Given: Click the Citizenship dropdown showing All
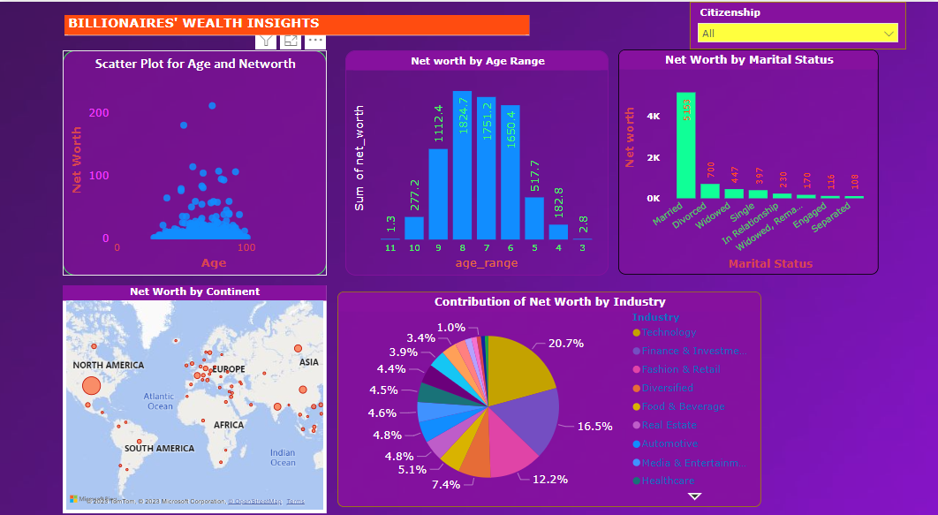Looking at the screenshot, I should click(x=797, y=34).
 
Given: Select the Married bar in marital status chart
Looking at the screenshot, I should click(x=685, y=146).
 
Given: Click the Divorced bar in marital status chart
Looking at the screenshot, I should click(x=709, y=190).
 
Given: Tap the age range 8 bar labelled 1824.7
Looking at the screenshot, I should click(x=462, y=165).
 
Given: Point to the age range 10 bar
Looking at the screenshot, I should click(x=414, y=228).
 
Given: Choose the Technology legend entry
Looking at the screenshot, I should click(x=669, y=332).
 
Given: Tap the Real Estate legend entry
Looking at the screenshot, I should click(x=669, y=425).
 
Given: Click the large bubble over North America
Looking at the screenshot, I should click(x=92, y=386).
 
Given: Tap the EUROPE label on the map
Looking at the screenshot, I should click(x=229, y=368).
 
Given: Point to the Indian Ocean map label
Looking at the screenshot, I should click(x=283, y=458).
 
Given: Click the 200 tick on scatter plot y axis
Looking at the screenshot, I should click(x=99, y=112).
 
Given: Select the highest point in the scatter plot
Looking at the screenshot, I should click(x=212, y=106).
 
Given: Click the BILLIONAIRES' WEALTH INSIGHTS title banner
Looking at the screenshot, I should click(x=297, y=25).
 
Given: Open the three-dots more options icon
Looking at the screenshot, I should click(x=315, y=41).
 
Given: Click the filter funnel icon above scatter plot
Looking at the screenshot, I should click(x=266, y=41).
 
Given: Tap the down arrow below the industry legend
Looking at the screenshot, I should click(x=694, y=496).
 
